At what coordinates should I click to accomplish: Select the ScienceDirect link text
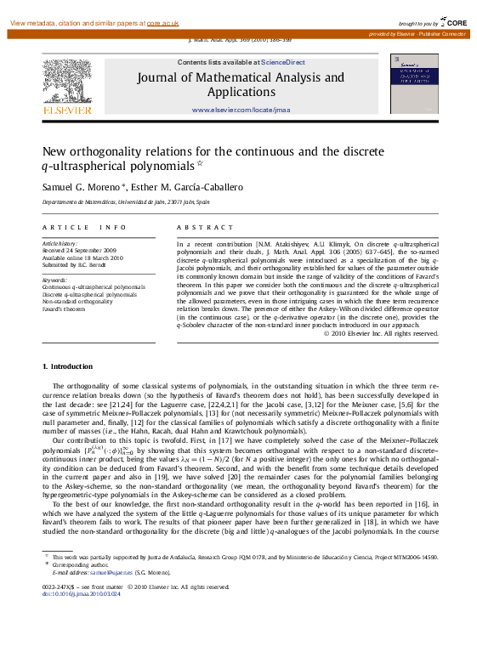pyautogui.click(x=283, y=62)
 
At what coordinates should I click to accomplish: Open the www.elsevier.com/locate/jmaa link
pyautogui.click(x=241, y=110)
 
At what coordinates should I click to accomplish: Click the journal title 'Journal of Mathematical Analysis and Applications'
pyautogui.click(x=241, y=84)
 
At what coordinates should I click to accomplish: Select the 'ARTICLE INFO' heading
pyautogui.click(x=84, y=228)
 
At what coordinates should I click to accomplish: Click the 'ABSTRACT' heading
pyautogui.click(x=204, y=228)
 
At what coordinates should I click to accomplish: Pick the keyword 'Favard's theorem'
pyautogui.click(x=64, y=309)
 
